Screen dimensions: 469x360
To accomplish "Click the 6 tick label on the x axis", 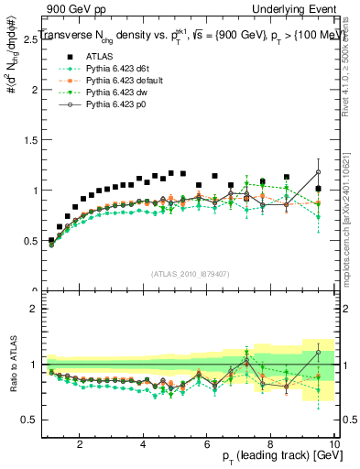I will [x=207, y=444].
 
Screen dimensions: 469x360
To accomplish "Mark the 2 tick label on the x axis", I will [x=80, y=444].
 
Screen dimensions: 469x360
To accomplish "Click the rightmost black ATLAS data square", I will [x=318, y=189].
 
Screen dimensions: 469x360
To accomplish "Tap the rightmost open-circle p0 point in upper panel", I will [x=318, y=171].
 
